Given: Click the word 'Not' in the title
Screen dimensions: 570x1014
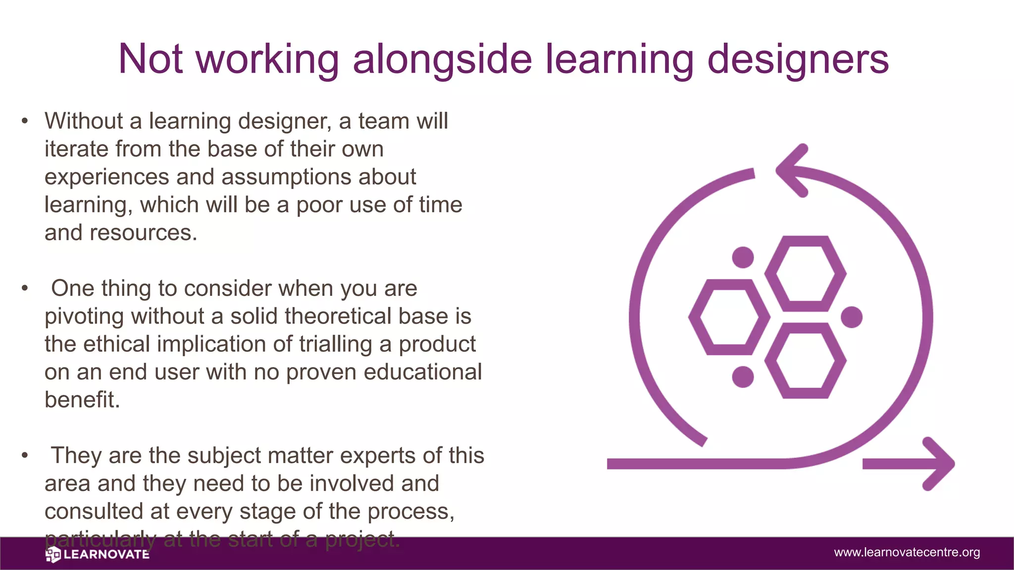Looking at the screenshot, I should (151, 59).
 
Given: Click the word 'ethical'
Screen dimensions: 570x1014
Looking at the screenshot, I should (116, 344).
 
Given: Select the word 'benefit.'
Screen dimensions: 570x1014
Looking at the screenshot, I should (82, 400).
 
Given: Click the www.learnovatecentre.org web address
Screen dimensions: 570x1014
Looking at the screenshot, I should (907, 552).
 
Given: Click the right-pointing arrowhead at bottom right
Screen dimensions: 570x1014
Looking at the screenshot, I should (939, 464).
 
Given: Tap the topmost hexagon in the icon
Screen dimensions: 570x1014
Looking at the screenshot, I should (806, 274).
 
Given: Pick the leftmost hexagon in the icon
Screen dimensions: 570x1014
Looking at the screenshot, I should (729, 317).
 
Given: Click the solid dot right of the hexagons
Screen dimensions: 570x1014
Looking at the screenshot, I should (852, 317).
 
